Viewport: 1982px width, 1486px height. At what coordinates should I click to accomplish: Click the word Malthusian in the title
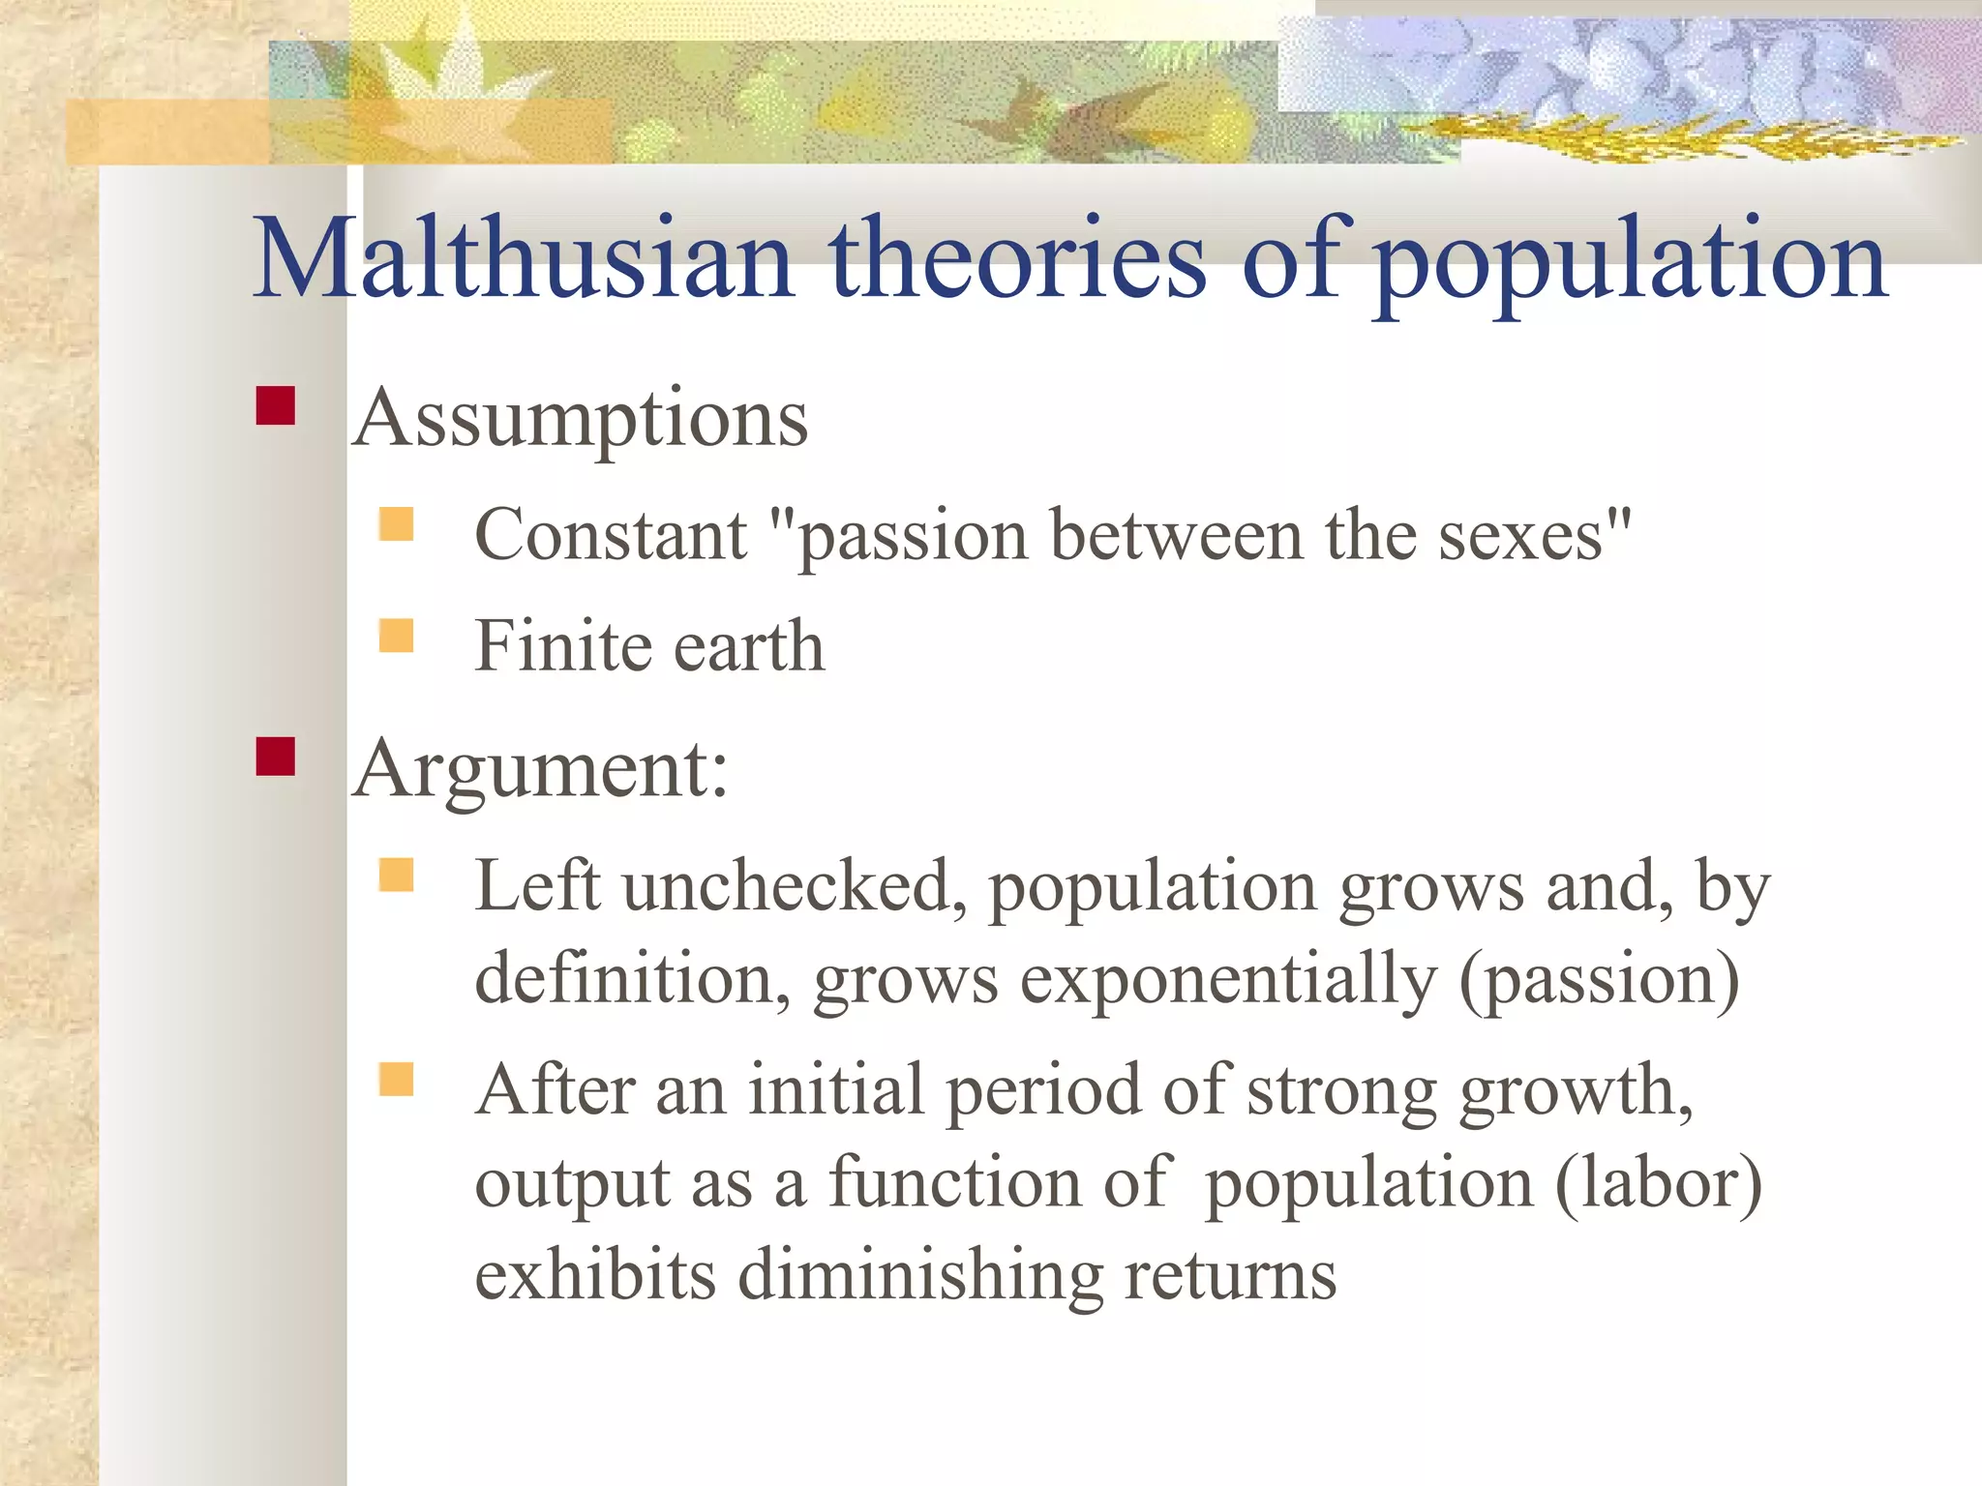[x=523, y=259]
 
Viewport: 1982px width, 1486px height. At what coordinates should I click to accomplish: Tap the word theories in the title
[x=1018, y=259]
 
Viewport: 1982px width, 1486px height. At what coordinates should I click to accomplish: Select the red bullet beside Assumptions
[x=276, y=406]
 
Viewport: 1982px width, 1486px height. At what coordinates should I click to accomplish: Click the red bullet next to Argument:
[x=276, y=757]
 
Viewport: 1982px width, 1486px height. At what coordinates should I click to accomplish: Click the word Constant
[x=611, y=535]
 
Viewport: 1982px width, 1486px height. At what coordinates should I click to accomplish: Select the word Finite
[x=561, y=645]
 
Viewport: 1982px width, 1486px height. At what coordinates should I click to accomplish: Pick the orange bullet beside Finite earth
[x=397, y=637]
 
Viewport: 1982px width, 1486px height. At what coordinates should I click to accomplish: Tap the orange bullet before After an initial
[x=397, y=1079]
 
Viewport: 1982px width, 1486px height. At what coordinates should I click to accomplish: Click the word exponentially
[x=1229, y=979]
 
